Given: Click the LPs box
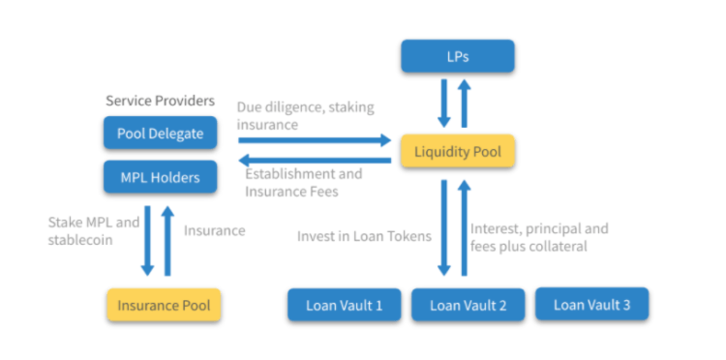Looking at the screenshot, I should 458,57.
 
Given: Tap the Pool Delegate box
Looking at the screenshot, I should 161,134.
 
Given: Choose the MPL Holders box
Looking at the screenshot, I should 161,178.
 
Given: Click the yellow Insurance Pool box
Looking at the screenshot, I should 164,305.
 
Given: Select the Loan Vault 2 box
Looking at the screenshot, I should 469,305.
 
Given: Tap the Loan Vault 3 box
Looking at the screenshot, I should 591,304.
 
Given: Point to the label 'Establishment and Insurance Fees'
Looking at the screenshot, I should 303,184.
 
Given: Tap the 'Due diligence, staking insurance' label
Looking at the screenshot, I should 305,115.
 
